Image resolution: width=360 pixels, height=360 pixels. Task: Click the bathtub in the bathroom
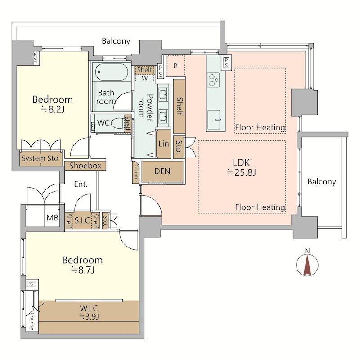[x=111, y=72]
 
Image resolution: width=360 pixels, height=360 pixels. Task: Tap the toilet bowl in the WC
[x=118, y=123]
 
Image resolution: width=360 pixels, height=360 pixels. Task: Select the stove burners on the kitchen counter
[x=213, y=80]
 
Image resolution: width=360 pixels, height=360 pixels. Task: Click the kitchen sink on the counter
[x=214, y=119]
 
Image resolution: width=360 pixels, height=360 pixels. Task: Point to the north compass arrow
[x=307, y=264]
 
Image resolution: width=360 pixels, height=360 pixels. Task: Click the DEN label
[x=162, y=171]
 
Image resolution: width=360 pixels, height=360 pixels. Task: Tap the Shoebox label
[x=85, y=166]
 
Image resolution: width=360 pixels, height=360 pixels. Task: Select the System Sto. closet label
[x=40, y=158]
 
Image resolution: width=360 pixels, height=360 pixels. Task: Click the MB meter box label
[x=52, y=218]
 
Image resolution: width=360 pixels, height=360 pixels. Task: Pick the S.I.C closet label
[x=82, y=220]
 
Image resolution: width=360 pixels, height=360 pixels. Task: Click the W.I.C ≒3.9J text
[x=89, y=312]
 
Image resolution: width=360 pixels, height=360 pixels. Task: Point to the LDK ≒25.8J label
[x=241, y=167]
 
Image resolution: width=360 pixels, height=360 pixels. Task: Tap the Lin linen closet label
[x=164, y=144]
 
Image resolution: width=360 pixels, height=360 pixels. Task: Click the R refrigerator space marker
[x=175, y=66]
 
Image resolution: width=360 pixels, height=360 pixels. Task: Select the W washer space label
[x=144, y=78]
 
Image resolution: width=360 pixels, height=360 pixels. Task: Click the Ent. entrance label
[x=81, y=184]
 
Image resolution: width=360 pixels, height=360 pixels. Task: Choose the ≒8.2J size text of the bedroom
[x=53, y=109]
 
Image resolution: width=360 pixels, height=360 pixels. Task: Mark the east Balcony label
[x=322, y=182]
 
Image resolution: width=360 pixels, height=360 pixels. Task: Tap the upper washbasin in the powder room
[x=163, y=95]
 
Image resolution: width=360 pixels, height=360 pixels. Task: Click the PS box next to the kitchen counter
[x=226, y=63]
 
